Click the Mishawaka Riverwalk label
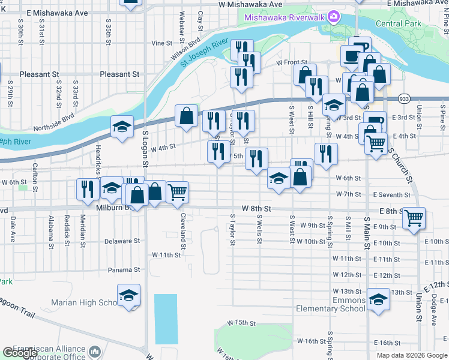coord(284,17)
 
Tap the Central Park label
coord(397,24)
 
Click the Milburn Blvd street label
coord(112,208)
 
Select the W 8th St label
coord(257,208)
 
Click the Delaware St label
coord(122,241)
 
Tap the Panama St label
coord(124,270)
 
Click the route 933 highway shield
coord(404,98)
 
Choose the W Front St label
coord(292,62)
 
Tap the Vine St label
coord(162,43)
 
